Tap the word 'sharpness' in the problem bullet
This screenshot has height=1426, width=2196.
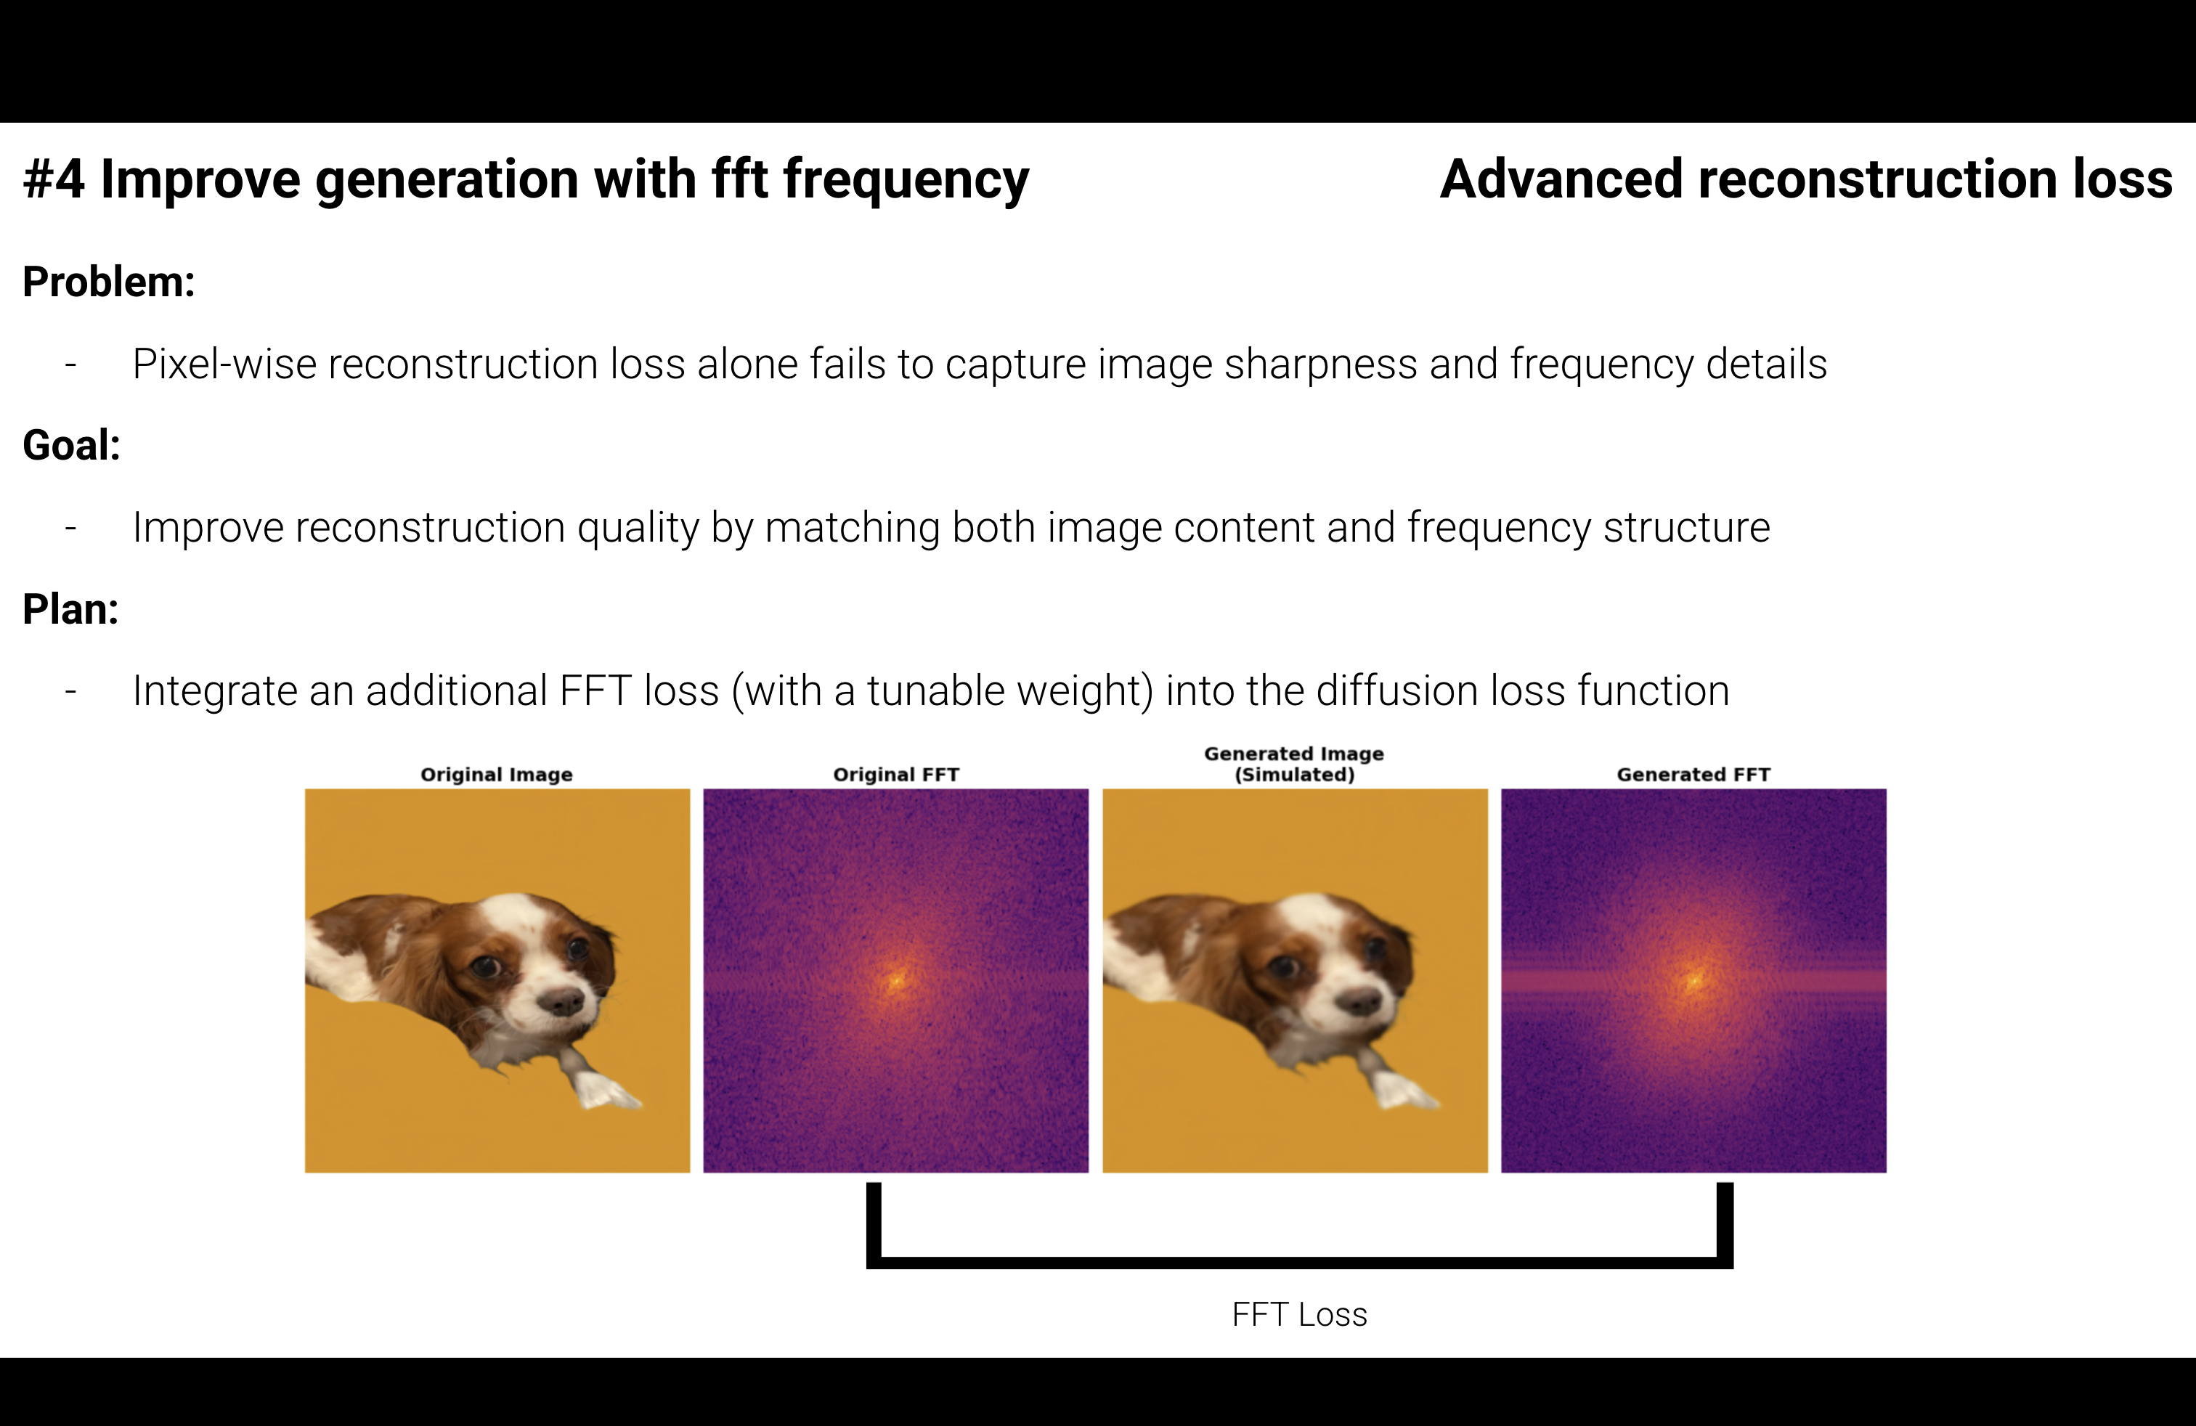point(1319,364)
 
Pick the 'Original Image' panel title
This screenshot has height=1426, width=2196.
point(497,775)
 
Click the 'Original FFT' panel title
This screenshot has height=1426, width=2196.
point(896,775)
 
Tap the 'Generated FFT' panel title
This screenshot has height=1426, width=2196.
point(1693,775)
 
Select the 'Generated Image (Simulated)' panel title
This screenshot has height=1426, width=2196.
point(1295,764)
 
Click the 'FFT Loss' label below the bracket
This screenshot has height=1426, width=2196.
point(1299,1314)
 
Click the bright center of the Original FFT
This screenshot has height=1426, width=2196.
point(896,979)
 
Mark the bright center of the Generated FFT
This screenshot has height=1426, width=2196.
point(1694,979)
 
